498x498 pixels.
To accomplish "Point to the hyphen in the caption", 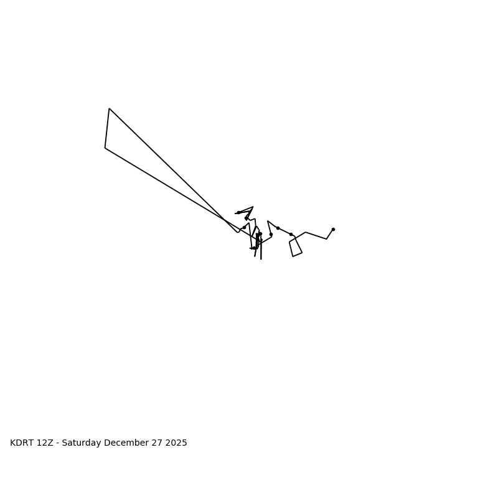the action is pos(57,443).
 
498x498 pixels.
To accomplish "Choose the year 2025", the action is pos(176,443).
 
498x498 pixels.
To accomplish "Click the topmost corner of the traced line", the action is pos(109,109).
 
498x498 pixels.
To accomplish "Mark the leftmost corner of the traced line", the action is pos(105,148).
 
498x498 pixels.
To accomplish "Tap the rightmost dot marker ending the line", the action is pos(333,229).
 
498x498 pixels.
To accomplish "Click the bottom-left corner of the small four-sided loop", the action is pos(293,256).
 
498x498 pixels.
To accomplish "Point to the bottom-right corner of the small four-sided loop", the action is pos(302,252).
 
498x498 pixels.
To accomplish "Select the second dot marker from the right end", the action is pos(291,234).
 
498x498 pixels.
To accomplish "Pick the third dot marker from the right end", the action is pos(278,228).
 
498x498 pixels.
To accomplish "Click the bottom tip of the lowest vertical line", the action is pos(261,259).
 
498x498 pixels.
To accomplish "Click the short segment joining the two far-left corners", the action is pos(107,128).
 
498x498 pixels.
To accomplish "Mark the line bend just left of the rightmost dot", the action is pos(326,239).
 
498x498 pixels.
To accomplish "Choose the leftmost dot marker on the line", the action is pos(238,212).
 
